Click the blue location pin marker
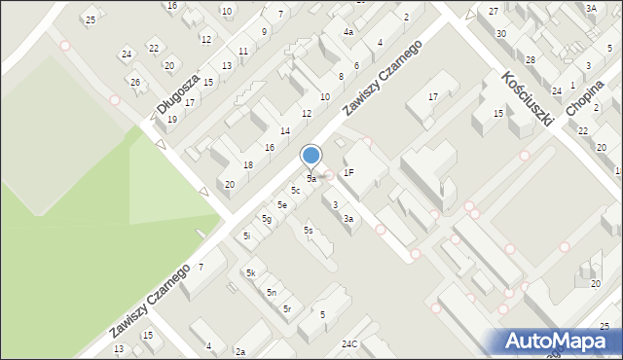pos(311,157)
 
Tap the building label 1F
pos(348,172)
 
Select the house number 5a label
pos(311,179)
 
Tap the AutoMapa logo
pos(562,342)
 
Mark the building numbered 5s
pos(308,230)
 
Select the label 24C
pos(349,343)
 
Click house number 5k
pos(250,273)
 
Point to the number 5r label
pos(287,308)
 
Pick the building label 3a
pos(347,219)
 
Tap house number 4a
pos(348,32)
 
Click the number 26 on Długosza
pos(135,82)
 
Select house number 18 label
pos(248,165)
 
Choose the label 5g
pos(266,220)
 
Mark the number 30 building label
pos(500,33)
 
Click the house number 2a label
pos(239,351)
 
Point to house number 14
pos(285,130)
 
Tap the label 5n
pos(272,292)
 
